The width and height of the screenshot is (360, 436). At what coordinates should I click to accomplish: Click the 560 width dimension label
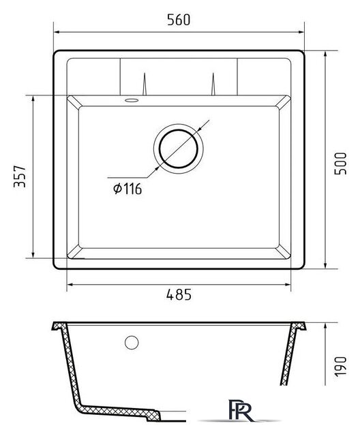(x=179, y=20)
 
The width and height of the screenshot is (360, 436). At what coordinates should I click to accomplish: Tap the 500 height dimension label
(x=340, y=163)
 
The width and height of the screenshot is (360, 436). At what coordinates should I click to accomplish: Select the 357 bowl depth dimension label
(x=20, y=176)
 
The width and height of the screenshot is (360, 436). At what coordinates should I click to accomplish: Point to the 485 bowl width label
(x=179, y=294)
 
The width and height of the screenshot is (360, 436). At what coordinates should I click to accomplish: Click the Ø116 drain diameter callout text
(x=127, y=189)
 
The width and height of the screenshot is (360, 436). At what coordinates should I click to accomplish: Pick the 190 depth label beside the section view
(x=340, y=367)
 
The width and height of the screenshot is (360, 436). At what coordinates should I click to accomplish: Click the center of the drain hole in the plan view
(x=179, y=149)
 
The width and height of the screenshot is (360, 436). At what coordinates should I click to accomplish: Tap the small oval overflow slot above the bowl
(x=132, y=100)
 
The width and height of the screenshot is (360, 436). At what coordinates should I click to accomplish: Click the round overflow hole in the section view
(x=132, y=343)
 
